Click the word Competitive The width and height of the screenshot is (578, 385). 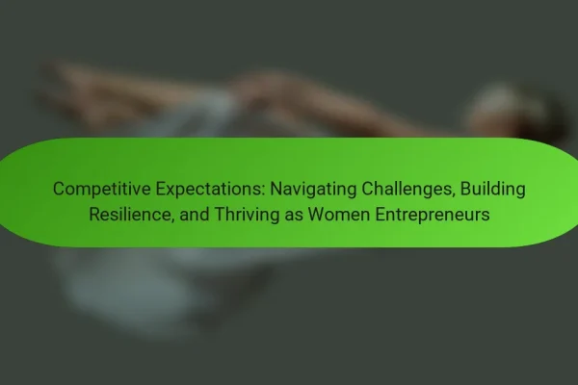coord(102,190)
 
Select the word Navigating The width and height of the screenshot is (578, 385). coord(313,190)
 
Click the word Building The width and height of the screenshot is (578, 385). coord(492,190)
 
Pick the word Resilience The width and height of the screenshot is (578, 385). coord(132,214)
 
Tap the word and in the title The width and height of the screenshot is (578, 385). coord(195,214)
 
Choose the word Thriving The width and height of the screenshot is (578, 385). coord(247,215)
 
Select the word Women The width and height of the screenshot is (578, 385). coord(339,214)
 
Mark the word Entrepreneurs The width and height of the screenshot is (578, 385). coord(432,215)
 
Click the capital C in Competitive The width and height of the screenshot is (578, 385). coord(59,189)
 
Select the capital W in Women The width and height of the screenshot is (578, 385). coord(316,214)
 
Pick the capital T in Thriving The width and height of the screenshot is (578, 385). coord(220,214)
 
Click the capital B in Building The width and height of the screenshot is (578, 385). coord(465,189)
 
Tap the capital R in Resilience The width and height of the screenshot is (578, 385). coord(94,214)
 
